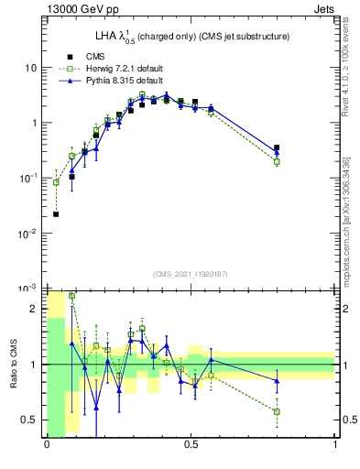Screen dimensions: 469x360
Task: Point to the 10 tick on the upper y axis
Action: click(x=32, y=68)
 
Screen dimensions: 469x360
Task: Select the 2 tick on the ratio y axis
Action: click(x=37, y=309)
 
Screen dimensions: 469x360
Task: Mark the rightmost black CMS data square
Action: click(x=277, y=147)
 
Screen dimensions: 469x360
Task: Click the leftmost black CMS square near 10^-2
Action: click(x=56, y=214)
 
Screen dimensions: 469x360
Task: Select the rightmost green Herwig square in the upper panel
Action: click(x=277, y=162)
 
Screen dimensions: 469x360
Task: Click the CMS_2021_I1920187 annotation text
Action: click(x=191, y=273)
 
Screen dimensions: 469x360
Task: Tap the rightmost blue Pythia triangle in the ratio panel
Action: click(x=277, y=381)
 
